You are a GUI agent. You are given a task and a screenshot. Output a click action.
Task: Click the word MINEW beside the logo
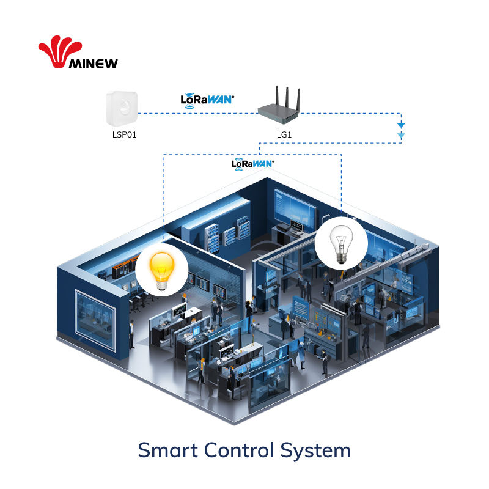pyautogui.click(x=94, y=63)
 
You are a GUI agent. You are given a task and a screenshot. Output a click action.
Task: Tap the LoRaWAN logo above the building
pyautogui.click(x=252, y=163)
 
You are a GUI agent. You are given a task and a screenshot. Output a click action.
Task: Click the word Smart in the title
pyautogui.click(x=166, y=450)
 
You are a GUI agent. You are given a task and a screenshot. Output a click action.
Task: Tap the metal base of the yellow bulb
pyautogui.click(x=161, y=283)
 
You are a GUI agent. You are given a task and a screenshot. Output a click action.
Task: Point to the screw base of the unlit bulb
pyautogui.click(x=341, y=258)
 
